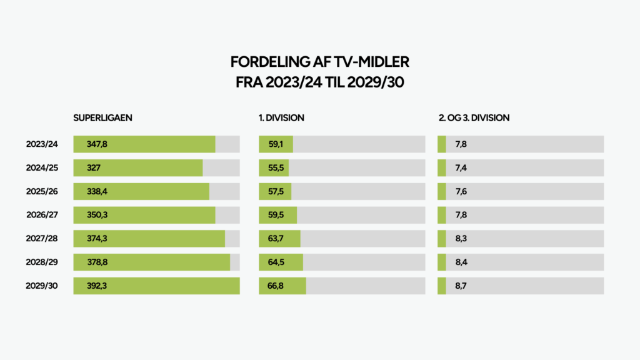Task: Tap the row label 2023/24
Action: pos(42,144)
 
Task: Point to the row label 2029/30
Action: pos(42,286)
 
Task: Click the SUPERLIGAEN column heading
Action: pos(103,117)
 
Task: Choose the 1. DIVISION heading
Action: pos(282,117)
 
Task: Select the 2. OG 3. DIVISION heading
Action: pos(474,117)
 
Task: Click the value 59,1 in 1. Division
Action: pos(276,144)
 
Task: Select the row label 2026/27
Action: pos(42,215)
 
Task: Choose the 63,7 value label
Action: pos(276,239)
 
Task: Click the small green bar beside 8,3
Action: pos(442,239)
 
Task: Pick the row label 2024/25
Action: pos(42,168)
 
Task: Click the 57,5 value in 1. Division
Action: pos(276,191)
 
